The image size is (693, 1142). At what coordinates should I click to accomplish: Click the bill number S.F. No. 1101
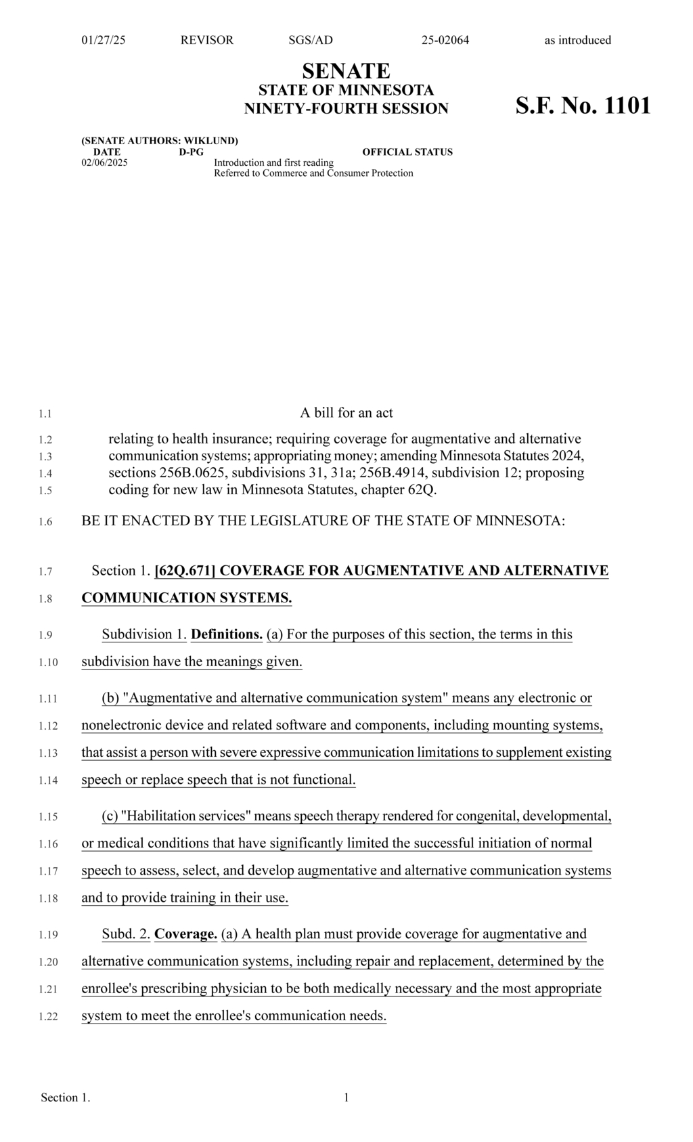click(583, 106)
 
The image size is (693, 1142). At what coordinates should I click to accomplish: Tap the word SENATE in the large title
click(346, 70)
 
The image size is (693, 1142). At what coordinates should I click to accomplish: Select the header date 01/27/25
click(104, 40)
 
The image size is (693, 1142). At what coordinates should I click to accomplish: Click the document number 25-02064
click(445, 40)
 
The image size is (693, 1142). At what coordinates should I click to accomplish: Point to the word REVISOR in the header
click(206, 40)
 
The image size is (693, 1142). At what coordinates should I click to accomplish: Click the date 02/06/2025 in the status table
click(104, 162)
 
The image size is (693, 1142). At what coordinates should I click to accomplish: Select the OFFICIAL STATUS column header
click(407, 152)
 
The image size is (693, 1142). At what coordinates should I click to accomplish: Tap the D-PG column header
click(191, 152)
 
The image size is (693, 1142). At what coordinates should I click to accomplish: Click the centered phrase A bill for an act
click(346, 413)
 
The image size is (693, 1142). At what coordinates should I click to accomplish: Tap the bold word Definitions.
click(227, 634)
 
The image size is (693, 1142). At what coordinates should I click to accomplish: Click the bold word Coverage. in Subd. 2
click(185, 934)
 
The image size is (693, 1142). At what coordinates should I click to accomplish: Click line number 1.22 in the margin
click(47, 1017)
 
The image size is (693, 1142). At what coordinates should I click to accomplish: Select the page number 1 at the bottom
click(346, 1097)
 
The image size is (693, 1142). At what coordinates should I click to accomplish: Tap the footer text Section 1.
click(65, 1097)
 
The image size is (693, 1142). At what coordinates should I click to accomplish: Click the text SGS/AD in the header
click(311, 40)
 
